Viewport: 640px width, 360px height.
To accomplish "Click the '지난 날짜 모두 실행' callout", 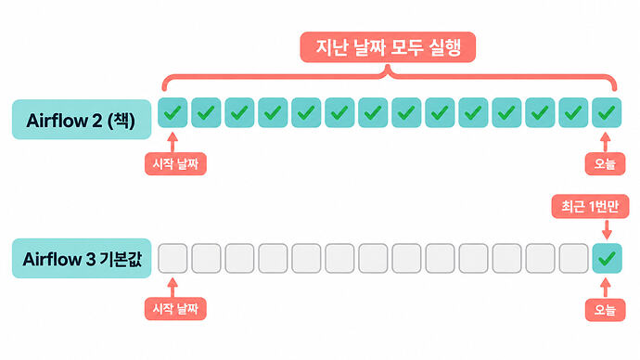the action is pyautogui.click(x=388, y=47).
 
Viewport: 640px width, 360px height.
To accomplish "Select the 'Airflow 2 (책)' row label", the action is pyautogui.click(x=82, y=120).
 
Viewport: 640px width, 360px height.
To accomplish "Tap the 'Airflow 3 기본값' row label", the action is pyautogui.click(x=82, y=258).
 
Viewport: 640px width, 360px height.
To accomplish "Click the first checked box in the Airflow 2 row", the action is pyautogui.click(x=173, y=112).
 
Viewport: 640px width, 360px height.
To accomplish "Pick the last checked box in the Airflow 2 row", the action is pyautogui.click(x=607, y=112).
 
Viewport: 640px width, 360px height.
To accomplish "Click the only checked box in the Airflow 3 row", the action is pyautogui.click(x=607, y=258).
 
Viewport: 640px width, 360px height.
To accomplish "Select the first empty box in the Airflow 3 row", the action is pyautogui.click(x=173, y=258).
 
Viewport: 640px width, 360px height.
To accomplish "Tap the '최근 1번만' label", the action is pyautogui.click(x=590, y=207).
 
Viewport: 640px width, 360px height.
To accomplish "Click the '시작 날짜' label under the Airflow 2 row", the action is pyautogui.click(x=175, y=164).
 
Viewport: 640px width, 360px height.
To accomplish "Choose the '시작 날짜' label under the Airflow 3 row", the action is pyautogui.click(x=175, y=309).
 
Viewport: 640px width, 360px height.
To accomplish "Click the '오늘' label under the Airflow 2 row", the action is pyautogui.click(x=605, y=164).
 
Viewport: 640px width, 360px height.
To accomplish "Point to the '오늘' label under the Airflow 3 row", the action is pyautogui.click(x=605, y=310).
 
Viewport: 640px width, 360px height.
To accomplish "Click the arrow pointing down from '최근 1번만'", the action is pyautogui.click(x=607, y=230).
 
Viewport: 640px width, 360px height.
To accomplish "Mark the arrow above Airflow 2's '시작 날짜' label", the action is pyautogui.click(x=173, y=143).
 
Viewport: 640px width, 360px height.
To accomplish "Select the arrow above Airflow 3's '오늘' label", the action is pyautogui.click(x=606, y=289).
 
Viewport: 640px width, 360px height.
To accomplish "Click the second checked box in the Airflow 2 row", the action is pyautogui.click(x=206, y=112).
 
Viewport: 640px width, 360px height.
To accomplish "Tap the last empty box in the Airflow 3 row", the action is pyautogui.click(x=573, y=258).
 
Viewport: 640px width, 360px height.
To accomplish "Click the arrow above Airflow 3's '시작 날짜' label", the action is pyautogui.click(x=173, y=288).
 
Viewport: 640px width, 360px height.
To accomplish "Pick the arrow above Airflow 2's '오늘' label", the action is pyautogui.click(x=606, y=143).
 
